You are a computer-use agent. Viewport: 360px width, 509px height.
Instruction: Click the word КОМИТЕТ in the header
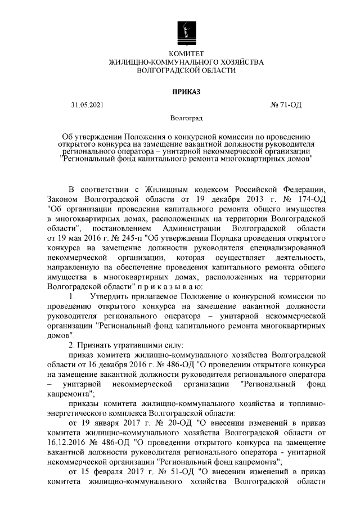[x=186, y=53]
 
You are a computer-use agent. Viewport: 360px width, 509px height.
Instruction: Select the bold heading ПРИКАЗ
[x=186, y=91]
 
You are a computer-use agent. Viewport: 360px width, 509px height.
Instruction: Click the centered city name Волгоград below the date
[x=186, y=119]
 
